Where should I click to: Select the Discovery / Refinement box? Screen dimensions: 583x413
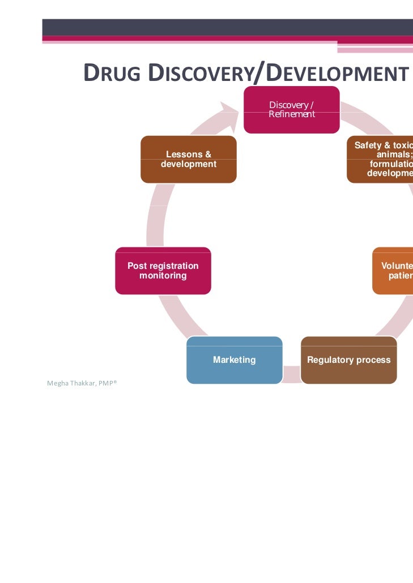pyautogui.click(x=291, y=110)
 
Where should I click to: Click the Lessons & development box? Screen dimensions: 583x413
pyautogui.click(x=188, y=159)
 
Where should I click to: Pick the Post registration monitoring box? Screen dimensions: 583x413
pyautogui.click(x=163, y=271)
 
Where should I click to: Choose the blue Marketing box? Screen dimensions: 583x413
pyautogui.click(x=234, y=360)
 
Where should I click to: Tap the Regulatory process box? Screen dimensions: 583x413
pyautogui.click(x=348, y=360)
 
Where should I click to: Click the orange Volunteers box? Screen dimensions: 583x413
pyautogui.click(x=393, y=271)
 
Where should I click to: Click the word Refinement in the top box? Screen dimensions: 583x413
pyautogui.click(x=292, y=114)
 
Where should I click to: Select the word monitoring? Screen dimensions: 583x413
pyautogui.click(x=163, y=276)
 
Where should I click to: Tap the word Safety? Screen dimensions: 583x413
pyautogui.click(x=367, y=145)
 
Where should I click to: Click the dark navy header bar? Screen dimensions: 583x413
pyautogui.click(x=227, y=27)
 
